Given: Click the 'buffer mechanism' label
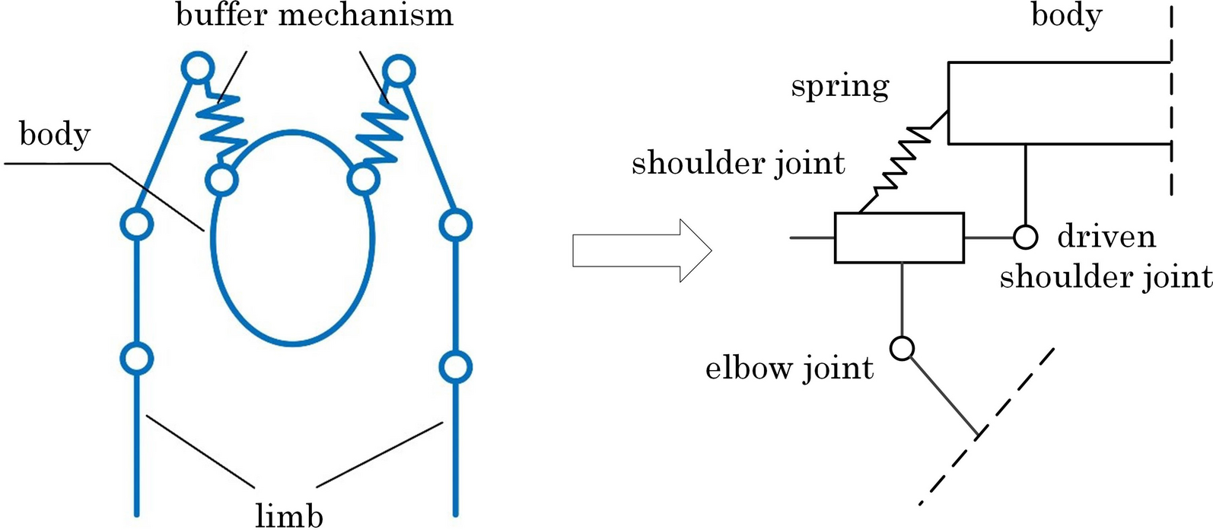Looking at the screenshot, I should point(314,15).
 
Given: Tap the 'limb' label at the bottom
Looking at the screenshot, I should point(289,515).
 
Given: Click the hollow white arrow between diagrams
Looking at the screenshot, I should point(641,251).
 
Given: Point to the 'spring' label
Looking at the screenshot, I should point(839,86).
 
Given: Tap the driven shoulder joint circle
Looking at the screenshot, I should point(1025,237).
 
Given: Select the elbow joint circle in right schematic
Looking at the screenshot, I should point(902,348).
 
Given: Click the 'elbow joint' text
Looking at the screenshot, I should point(789,369).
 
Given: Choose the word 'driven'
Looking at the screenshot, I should point(1106,237).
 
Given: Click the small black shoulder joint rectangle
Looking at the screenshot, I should point(899,238).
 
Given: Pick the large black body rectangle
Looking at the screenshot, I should point(1058,103).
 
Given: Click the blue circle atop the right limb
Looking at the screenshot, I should point(399,71).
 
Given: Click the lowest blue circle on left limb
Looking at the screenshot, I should point(137,357).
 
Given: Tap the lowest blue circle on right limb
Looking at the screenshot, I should point(455,366).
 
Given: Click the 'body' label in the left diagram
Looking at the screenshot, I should point(55,135).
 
